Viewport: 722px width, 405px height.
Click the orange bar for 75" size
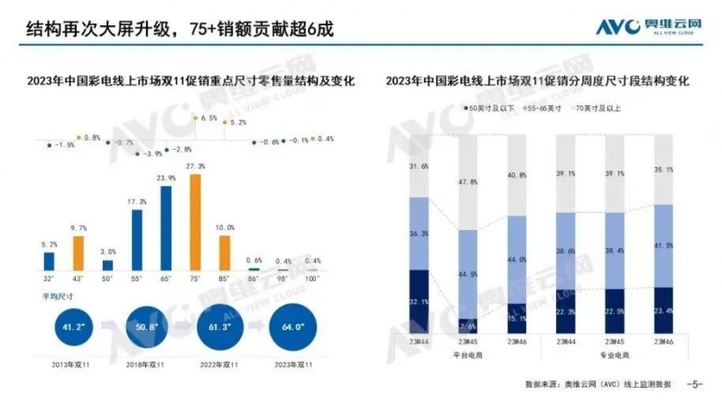195,223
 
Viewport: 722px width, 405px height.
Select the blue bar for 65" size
166,228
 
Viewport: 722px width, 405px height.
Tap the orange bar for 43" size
79,253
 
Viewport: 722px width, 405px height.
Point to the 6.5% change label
208,118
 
